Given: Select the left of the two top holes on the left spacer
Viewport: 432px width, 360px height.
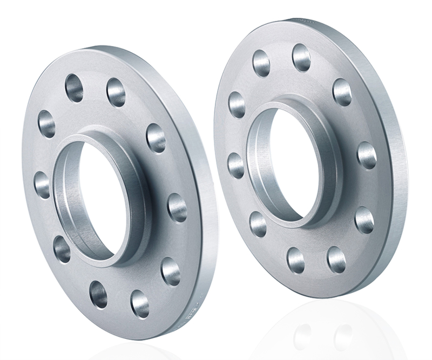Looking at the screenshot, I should (x=74, y=88).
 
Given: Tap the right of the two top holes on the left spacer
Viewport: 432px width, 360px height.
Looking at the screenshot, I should (x=116, y=92).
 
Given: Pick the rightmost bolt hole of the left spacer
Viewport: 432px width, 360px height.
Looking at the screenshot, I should (x=177, y=207).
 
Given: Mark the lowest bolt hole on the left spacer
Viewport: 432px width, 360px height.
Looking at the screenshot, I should (x=140, y=303).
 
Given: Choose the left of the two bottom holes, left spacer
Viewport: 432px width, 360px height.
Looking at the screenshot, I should (x=98, y=294).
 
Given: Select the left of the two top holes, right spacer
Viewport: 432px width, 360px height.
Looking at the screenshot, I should (x=261, y=63).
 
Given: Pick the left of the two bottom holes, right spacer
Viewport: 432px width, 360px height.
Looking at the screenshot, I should (x=295, y=260).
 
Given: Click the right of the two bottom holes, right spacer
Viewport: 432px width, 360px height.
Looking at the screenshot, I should (x=336, y=259).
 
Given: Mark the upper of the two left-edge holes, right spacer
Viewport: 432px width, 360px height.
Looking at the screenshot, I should (x=237, y=104).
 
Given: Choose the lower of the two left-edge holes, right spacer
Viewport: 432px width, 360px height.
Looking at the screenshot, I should (x=236, y=166).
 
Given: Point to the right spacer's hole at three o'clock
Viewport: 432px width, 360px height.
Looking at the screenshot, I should (x=367, y=155).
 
